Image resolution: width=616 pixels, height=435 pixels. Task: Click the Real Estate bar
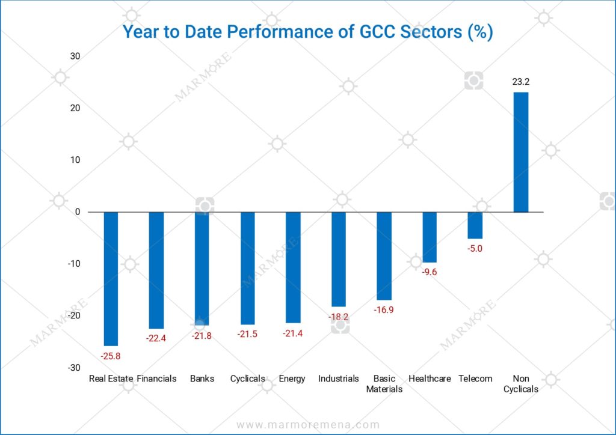pos(111,278)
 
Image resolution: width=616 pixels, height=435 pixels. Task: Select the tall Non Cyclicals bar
pos(520,152)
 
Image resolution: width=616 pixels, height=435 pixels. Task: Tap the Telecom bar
pos(475,225)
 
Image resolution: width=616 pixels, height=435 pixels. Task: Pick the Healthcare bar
pos(430,237)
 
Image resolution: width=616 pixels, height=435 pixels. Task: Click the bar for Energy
pos(292,267)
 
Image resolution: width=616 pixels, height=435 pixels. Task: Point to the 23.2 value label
pos(520,82)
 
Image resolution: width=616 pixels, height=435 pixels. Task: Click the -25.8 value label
pos(111,356)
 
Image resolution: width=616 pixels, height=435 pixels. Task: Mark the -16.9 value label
pos(384,310)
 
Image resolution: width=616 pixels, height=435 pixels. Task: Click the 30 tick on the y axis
pos(75,56)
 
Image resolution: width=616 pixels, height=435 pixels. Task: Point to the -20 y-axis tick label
pos(73,315)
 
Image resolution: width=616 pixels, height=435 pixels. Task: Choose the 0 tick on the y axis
pos(78,211)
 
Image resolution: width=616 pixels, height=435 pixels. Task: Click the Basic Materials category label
pos(384,383)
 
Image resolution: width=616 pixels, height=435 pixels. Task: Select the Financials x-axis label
pos(156,379)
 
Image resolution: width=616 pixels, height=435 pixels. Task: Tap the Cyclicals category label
pos(247,379)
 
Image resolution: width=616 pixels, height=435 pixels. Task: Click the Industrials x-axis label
pos(338,379)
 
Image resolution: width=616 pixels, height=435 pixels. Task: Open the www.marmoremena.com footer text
pos(308,425)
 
